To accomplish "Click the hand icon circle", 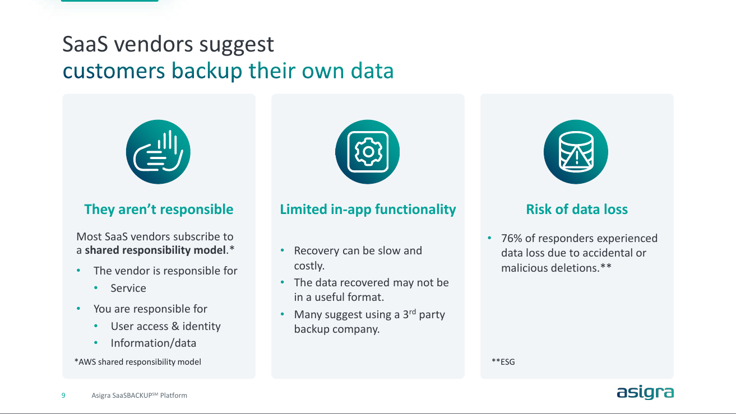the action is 158,152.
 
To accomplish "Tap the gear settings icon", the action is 368,152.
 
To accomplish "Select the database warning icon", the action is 576,152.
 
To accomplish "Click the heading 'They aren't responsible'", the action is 159,210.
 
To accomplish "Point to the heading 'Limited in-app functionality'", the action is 368,210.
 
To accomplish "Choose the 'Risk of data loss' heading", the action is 577,210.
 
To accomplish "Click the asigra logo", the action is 645,393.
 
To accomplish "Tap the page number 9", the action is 63,396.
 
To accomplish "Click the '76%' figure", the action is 512,238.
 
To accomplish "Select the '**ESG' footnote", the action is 503,362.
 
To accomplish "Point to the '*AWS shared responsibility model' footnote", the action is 138,362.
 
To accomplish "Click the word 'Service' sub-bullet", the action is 128,289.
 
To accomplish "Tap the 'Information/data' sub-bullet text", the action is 154,343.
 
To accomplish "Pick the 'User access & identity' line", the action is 165,326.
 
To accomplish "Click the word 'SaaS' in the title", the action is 85,44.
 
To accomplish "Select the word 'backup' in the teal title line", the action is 207,71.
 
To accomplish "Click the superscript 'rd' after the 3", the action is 413,311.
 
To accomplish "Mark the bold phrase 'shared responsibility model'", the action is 155,250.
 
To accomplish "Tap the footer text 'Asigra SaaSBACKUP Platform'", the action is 140,396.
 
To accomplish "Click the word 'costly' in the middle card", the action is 308,266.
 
